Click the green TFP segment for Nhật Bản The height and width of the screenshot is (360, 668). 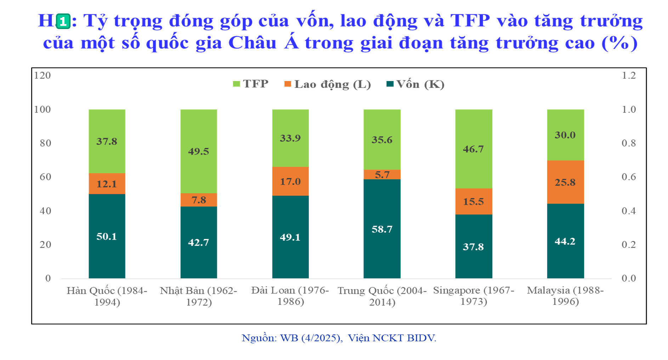pos(199,151)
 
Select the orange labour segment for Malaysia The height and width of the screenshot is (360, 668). pos(565,182)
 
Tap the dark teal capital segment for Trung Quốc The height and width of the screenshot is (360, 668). pos(382,229)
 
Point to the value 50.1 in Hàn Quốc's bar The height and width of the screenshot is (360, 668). pos(107,236)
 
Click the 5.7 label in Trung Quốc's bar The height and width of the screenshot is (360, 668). pos(382,175)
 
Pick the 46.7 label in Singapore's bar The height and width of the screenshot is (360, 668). pos(474,149)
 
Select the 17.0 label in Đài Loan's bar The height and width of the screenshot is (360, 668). pos(290,182)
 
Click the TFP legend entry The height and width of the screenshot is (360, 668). pos(250,84)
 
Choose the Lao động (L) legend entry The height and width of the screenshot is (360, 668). pos(328,84)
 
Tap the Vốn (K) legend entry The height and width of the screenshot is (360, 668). pos(415,84)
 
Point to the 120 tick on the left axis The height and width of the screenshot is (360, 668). pos(43,75)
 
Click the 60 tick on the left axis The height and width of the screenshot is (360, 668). pos(45,177)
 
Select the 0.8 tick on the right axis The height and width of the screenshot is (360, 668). pos(629,143)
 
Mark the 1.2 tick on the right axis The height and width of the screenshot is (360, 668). pos(629,75)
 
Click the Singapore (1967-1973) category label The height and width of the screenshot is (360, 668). pos(474,296)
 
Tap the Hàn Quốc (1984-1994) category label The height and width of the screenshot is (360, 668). pos(107,296)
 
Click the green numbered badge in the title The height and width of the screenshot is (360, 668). pos(63,21)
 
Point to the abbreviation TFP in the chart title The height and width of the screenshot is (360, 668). pos(470,21)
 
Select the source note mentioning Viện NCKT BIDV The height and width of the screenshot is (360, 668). pos(339,338)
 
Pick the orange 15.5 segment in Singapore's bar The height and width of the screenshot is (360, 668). pos(474,201)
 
